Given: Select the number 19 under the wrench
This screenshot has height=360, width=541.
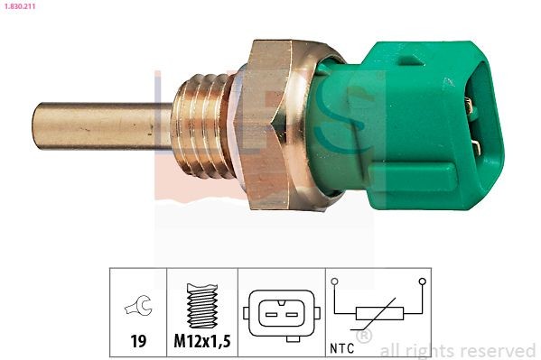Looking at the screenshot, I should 138,341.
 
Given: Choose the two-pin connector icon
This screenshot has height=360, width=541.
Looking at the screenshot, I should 281,313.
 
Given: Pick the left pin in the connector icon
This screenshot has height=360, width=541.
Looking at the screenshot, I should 272,313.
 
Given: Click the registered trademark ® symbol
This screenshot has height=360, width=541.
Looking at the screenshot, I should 365,337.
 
